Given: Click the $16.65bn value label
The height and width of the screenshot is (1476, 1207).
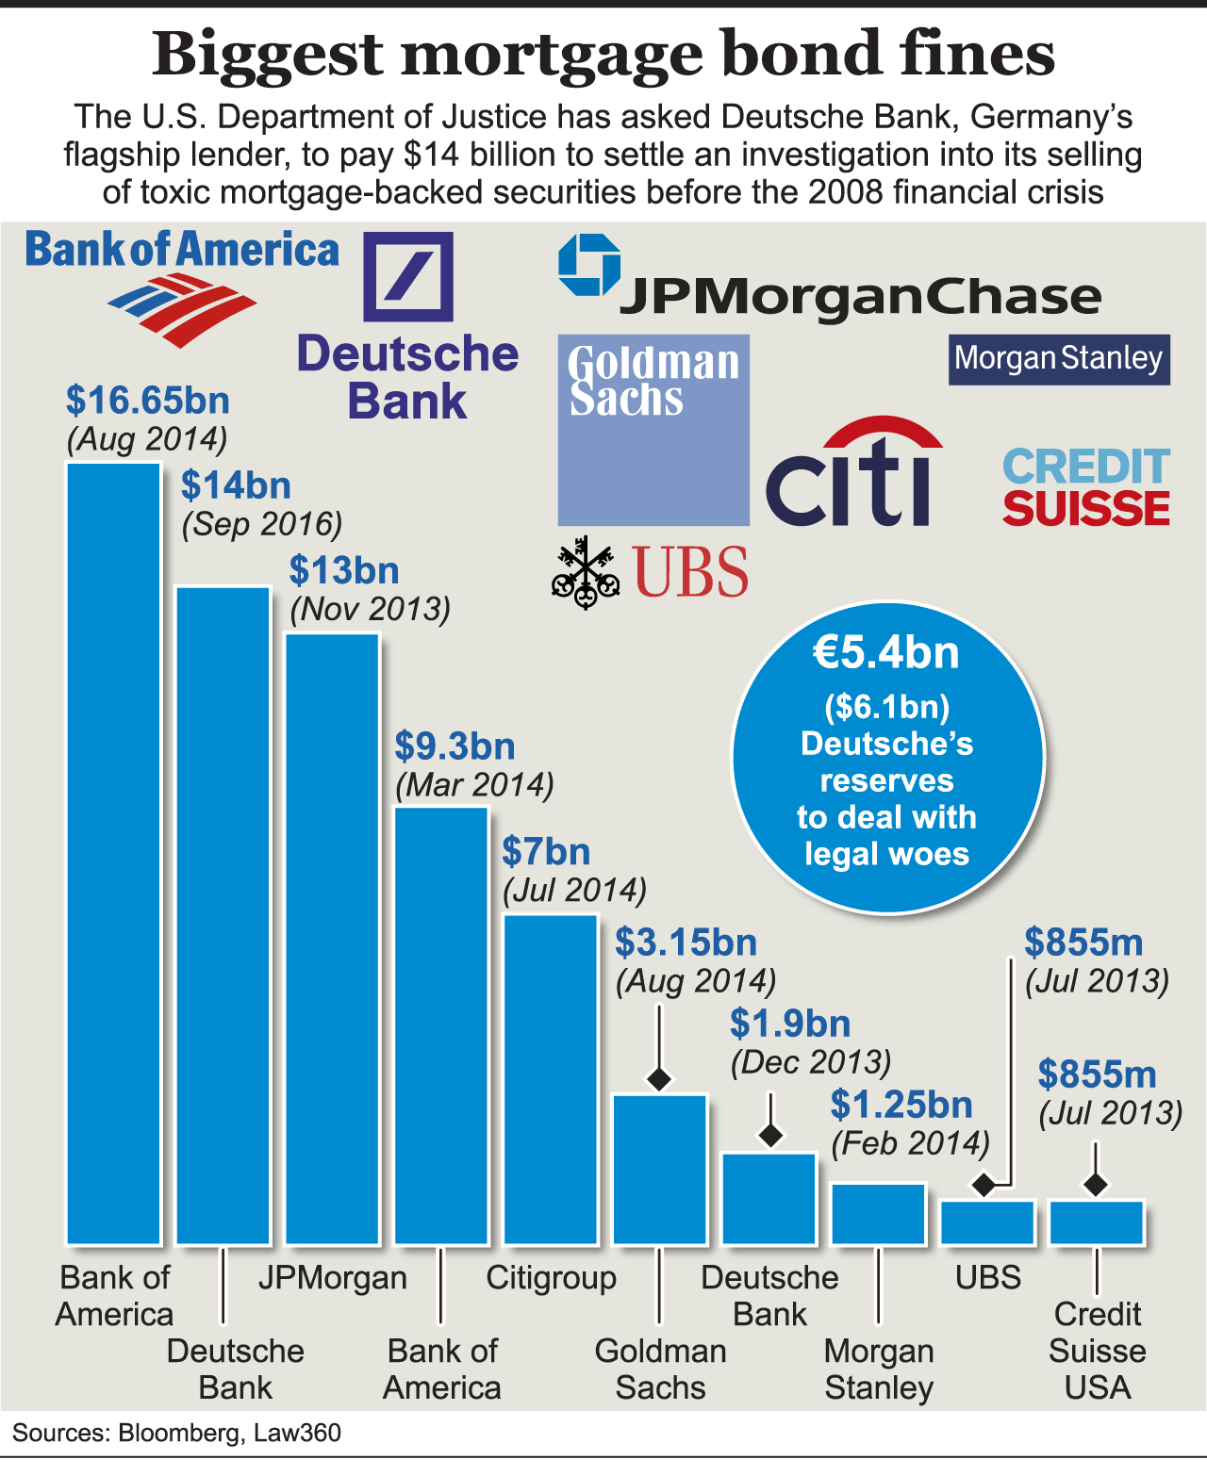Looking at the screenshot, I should tap(148, 401).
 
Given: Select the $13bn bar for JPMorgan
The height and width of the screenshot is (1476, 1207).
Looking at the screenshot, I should tap(333, 938).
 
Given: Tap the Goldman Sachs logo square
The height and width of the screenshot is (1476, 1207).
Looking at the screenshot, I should tap(653, 430).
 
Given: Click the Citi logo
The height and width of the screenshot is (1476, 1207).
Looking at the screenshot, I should tap(852, 473).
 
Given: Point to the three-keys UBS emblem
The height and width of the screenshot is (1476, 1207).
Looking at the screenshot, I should tap(585, 572).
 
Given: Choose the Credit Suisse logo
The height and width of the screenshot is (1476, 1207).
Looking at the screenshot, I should tap(1086, 487).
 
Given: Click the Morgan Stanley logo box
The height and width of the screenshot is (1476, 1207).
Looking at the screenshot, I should tap(1059, 359).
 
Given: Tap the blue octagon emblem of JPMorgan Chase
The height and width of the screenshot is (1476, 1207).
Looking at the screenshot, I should tap(589, 265).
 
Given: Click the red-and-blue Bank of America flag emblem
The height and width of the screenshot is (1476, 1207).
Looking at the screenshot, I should tap(183, 307).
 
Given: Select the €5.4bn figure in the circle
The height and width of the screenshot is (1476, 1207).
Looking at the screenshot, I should tap(886, 653).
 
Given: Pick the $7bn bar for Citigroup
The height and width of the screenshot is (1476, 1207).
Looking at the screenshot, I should tap(551, 1079).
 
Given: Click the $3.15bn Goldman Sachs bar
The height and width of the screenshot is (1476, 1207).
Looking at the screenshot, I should tap(660, 1169).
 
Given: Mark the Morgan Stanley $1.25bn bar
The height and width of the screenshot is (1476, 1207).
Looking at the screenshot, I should tap(879, 1213).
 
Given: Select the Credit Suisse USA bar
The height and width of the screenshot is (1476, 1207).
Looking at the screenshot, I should tap(1097, 1222).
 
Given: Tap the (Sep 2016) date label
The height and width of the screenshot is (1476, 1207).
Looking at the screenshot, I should tap(262, 524).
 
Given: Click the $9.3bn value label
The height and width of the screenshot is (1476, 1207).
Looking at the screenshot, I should tap(455, 746).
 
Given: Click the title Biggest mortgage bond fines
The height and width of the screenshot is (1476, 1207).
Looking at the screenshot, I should tap(603, 54).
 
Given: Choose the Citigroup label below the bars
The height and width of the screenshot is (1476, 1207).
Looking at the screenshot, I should tap(551, 1278).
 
